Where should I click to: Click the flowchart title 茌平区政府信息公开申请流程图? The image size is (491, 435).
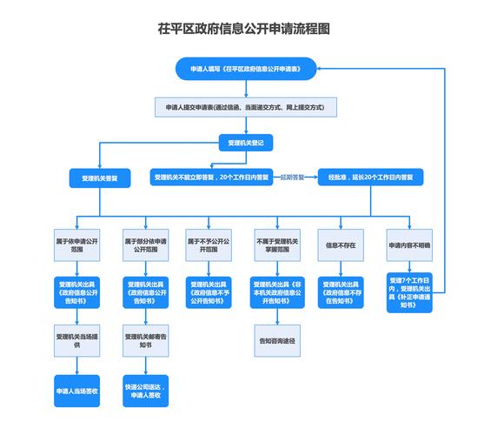[x=245, y=29]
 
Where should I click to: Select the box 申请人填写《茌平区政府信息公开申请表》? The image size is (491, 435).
[x=245, y=68]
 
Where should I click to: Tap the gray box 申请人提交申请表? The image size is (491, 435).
[x=245, y=107]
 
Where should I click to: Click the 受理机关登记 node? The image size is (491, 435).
[x=245, y=141]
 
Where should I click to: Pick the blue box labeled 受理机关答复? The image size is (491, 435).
[x=100, y=177]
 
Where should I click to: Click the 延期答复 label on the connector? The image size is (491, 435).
[x=293, y=177]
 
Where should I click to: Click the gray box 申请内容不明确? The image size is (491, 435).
[x=409, y=246]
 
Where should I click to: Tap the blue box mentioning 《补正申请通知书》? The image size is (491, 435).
[x=409, y=294]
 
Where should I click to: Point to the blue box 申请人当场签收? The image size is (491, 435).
[x=76, y=391]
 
